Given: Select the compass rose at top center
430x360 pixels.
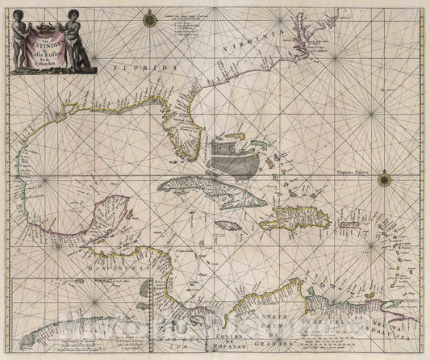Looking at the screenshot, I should (150, 15).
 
